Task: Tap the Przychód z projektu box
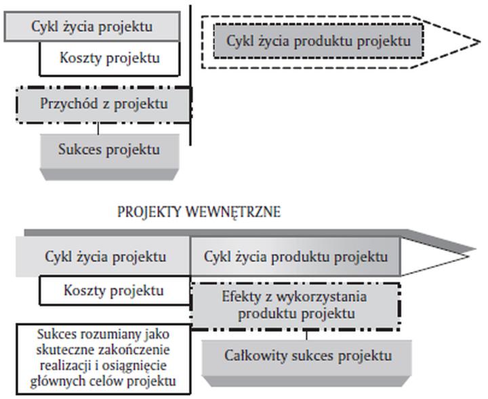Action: (x=103, y=105)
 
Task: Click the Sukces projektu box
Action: (x=109, y=150)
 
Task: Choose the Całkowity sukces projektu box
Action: (x=308, y=356)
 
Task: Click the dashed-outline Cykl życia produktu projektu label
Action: (x=319, y=41)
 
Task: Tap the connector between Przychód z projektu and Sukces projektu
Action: (x=98, y=128)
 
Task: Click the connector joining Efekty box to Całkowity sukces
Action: (x=307, y=334)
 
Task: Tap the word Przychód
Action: (x=64, y=105)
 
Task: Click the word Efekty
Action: (x=239, y=297)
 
